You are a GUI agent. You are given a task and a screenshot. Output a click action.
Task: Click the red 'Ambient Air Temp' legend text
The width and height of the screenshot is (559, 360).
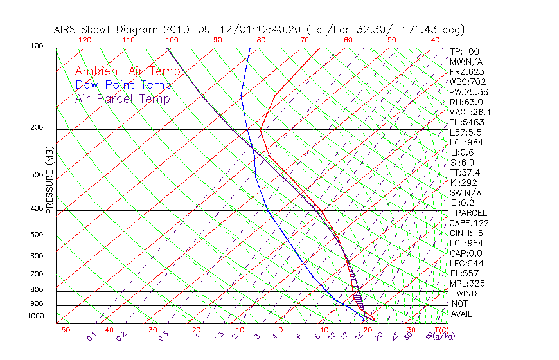pos(127,71)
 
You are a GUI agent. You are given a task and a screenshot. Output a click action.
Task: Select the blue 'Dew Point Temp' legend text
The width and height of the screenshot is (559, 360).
pos(123,85)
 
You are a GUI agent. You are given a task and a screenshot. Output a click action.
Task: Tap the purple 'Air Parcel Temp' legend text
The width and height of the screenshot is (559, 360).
pos(122,98)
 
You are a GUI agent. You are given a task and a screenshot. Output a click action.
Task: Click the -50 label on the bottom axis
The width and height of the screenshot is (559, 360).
pos(62,330)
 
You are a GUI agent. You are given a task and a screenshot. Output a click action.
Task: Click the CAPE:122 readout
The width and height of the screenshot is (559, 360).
pos(469,223)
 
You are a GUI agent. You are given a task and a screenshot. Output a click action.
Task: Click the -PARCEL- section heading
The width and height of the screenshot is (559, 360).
pos(471,213)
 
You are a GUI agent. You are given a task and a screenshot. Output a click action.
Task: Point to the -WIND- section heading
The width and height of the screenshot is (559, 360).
pos(467,293)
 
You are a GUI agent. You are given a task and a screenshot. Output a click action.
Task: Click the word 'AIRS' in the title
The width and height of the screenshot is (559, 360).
pos(67,30)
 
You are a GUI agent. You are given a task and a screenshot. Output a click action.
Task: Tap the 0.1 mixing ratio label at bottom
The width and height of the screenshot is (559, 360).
pos(91,336)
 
